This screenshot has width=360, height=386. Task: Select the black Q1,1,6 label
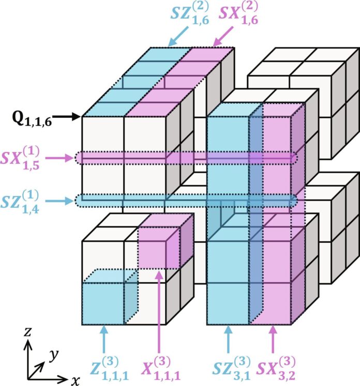[32, 120]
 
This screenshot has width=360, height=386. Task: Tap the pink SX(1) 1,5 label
[20, 158]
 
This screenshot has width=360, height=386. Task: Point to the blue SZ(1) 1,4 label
[20, 202]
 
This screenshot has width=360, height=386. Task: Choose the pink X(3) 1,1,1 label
[161, 368]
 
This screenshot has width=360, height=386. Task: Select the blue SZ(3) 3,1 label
[231, 368]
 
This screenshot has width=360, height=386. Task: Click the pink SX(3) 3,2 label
[276, 368]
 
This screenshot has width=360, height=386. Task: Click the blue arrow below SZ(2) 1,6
[178, 36]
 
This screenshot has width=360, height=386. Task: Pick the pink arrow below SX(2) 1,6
[222, 36]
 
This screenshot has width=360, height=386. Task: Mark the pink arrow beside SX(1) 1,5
[60, 158]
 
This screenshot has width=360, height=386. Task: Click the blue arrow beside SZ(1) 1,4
[60, 201]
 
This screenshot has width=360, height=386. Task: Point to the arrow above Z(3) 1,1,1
[104, 339]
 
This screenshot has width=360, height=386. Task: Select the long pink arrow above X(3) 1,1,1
[159, 312]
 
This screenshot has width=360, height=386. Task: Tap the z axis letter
[27, 332]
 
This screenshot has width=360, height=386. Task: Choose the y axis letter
[53, 356]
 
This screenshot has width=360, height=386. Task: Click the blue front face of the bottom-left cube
[103, 304]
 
